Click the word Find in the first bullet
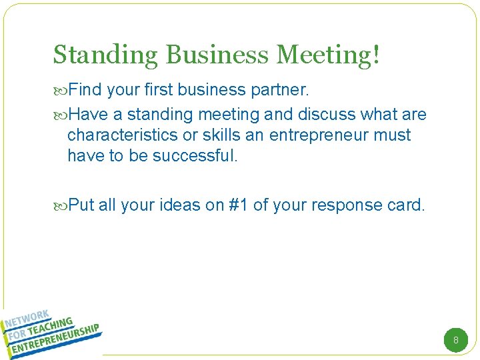click(x=84, y=89)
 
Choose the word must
click(x=394, y=135)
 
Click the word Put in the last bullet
click(x=81, y=205)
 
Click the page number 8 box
click(x=456, y=341)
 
